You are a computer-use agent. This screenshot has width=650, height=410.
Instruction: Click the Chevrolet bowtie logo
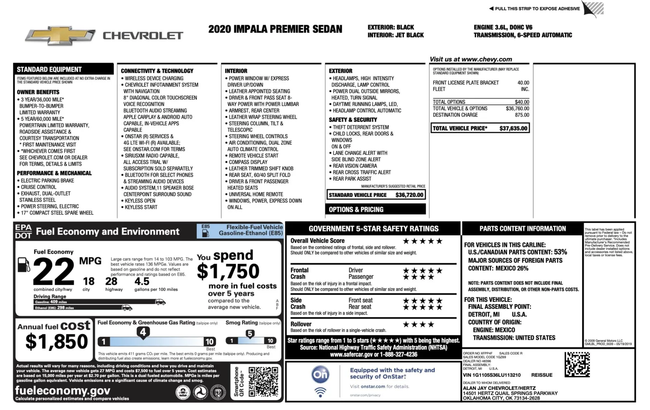click(x=60, y=36)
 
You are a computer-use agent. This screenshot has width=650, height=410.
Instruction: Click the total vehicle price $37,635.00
click(x=513, y=128)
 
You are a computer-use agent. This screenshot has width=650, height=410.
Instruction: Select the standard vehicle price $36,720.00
click(x=409, y=195)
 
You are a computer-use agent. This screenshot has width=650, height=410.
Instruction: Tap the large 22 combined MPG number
click(x=54, y=272)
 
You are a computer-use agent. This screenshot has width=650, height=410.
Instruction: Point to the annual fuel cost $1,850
click(x=56, y=341)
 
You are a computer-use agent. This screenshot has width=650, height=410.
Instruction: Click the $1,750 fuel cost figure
click(x=228, y=271)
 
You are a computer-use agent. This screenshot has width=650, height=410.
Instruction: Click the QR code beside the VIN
click(x=577, y=364)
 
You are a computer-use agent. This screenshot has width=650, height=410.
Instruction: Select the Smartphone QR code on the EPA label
click(x=263, y=382)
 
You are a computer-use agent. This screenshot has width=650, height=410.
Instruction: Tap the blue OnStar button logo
click(x=320, y=374)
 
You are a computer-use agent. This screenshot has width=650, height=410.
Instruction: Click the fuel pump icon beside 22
click(x=24, y=265)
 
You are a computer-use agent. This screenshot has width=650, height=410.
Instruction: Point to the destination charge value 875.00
click(x=522, y=115)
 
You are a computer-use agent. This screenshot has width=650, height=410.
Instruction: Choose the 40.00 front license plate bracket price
click(x=523, y=82)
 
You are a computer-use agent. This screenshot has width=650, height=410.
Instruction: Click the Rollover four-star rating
click(x=418, y=324)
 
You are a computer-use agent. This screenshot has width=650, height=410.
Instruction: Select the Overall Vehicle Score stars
click(x=422, y=241)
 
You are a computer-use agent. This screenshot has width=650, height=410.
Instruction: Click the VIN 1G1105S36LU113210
click(x=492, y=375)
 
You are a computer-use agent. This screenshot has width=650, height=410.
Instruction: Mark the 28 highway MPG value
click(x=111, y=281)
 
